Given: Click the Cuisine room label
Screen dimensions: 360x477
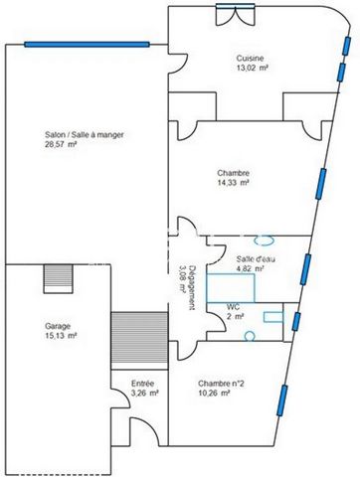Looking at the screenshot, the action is click(x=250, y=59).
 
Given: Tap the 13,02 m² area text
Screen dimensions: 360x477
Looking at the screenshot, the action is click(x=250, y=68).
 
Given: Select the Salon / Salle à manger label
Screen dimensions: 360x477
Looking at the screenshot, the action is click(x=85, y=135).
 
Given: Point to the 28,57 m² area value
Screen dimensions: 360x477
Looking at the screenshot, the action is click(x=61, y=144).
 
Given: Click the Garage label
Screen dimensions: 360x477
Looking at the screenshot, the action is click(x=58, y=326).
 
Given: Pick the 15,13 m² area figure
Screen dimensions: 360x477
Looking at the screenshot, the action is click(x=61, y=336).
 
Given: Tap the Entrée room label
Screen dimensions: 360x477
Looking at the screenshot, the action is click(x=143, y=384).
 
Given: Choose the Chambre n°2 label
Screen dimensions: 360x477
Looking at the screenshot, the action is click(x=221, y=384).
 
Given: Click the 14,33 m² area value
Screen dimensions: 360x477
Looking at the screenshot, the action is click(x=233, y=183).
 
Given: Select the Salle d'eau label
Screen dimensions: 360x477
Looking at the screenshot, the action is click(x=256, y=259).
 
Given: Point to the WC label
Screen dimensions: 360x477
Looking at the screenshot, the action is click(x=234, y=307).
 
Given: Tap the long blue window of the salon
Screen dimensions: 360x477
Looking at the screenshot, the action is click(x=87, y=45).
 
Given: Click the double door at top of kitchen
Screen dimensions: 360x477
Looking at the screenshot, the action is click(x=236, y=15).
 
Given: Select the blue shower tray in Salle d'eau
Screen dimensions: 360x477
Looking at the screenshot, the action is click(x=231, y=288).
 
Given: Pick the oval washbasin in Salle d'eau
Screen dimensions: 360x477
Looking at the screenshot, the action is click(x=265, y=240).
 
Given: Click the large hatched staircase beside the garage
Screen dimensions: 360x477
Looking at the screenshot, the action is click(x=139, y=341).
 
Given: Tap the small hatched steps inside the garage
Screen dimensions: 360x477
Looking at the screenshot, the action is click(x=59, y=278).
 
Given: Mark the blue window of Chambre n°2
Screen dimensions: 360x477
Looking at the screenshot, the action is click(x=282, y=400).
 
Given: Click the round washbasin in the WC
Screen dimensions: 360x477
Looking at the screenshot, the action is click(x=250, y=336).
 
